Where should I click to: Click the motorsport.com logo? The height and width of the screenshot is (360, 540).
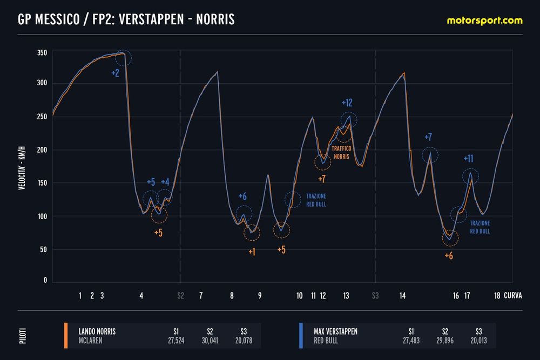(484, 21)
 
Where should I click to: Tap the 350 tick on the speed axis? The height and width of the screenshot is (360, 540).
(42, 52)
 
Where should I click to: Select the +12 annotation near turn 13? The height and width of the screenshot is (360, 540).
(347, 103)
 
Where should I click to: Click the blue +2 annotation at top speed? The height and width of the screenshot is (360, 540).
(115, 73)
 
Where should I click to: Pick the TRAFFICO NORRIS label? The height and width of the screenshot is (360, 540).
(341, 153)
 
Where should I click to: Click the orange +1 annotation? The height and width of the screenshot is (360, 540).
(252, 252)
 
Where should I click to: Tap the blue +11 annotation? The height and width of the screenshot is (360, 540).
(468, 159)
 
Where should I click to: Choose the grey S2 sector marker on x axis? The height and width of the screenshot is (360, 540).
(180, 296)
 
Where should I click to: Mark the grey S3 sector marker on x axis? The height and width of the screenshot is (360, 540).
(375, 296)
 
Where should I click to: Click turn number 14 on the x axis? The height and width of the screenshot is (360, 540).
(403, 296)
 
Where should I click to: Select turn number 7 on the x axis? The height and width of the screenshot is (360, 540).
(201, 296)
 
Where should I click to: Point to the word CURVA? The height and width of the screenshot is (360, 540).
(513, 296)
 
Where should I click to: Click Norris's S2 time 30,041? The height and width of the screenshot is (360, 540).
(207, 341)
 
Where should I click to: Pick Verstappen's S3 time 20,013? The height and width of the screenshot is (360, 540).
(475, 341)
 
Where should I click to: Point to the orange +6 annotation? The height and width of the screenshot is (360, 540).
(449, 256)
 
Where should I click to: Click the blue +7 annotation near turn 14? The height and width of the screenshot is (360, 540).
(428, 137)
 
